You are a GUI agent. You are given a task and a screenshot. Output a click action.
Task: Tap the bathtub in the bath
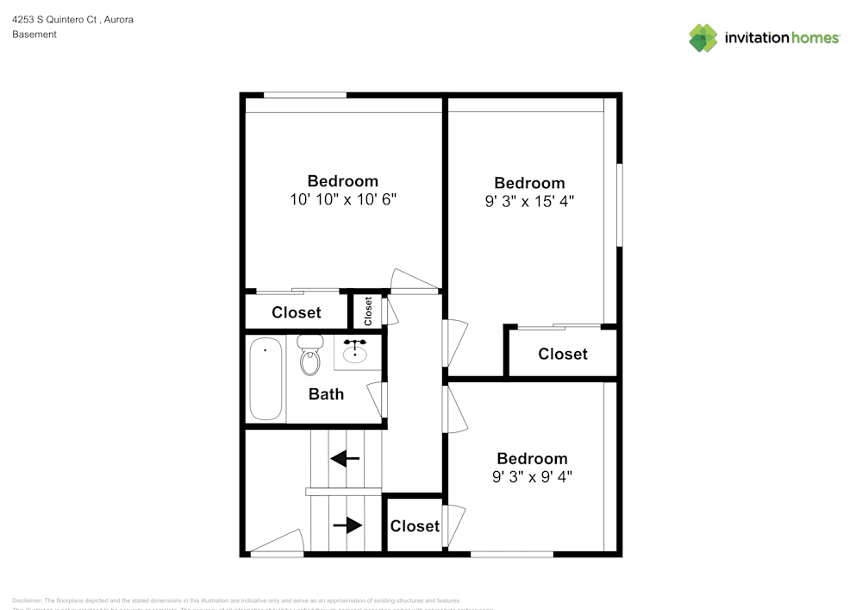coord(265,380)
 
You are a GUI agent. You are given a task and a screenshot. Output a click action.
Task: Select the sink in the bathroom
coord(354,352)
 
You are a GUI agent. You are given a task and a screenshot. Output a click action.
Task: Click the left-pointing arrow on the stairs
coord(345,458)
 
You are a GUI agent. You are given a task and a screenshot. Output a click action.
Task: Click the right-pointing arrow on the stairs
coord(347,525)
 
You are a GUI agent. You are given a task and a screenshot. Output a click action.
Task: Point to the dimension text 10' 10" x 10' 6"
coord(343,199)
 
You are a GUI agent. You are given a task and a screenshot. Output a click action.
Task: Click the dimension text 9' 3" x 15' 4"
coord(529,201)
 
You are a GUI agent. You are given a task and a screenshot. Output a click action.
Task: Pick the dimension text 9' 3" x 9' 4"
coord(532,475)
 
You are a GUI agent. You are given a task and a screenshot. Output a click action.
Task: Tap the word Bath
coord(326,394)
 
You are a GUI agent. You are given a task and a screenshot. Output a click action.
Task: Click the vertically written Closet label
coord(368,311)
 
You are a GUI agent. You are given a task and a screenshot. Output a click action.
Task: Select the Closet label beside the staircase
coord(415,525)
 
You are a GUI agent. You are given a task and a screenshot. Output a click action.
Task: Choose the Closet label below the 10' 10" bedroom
coord(297,312)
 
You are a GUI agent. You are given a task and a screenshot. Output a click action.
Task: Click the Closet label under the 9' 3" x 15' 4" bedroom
coord(563,354)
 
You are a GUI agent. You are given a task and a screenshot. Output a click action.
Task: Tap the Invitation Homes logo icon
coord(703,38)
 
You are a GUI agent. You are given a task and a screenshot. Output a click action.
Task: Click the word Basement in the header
coord(34,35)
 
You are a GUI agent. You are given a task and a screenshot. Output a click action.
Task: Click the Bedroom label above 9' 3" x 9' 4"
coord(532,458)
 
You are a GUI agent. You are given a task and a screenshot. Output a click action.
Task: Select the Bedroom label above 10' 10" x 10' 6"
coord(343,181)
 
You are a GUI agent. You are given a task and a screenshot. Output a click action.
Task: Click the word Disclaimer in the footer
coord(27,601)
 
